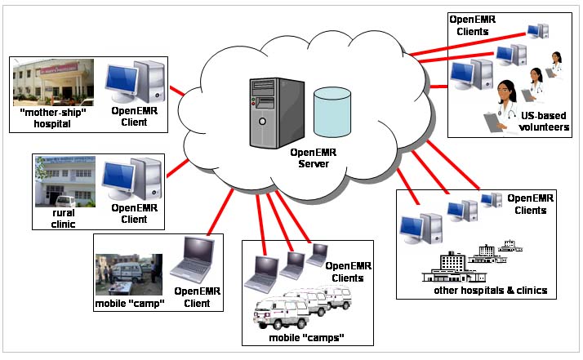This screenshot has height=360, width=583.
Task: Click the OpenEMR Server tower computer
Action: point(277,113)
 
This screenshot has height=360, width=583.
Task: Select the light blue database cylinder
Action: point(332,113)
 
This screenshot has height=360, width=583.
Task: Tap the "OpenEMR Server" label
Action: point(314,158)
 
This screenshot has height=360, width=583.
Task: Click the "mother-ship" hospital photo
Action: point(54,82)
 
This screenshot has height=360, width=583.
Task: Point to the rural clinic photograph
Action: point(65,181)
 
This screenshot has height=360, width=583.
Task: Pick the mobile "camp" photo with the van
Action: point(129,274)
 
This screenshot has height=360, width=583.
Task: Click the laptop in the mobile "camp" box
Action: point(193,260)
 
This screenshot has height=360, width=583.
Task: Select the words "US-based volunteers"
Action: point(544,122)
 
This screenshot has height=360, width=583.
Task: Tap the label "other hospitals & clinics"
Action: point(491,290)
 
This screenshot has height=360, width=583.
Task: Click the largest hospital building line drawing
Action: point(454,268)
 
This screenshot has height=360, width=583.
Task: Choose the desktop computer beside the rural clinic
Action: point(132,179)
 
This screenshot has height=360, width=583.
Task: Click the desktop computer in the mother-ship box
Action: point(136,82)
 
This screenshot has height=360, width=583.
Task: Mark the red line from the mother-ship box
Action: point(177,91)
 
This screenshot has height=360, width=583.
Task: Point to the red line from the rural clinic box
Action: point(177,168)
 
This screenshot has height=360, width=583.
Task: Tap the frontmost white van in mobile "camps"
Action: point(281,313)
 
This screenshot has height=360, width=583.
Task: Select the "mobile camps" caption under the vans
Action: point(306,338)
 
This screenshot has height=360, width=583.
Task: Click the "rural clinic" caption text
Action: point(63,219)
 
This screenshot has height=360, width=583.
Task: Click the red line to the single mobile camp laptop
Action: point(220,212)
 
